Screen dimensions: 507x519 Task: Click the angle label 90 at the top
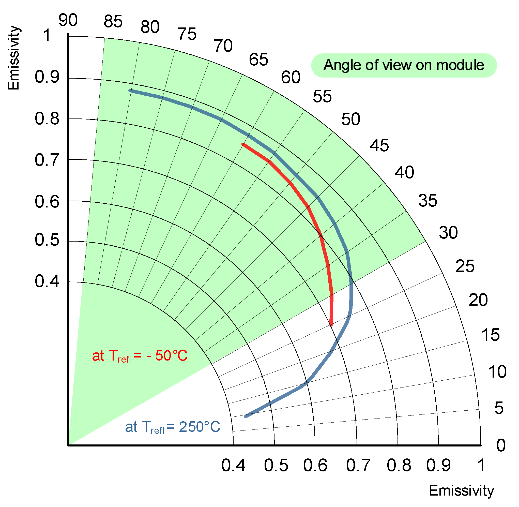click(68, 20)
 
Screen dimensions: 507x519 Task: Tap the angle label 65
click(258, 59)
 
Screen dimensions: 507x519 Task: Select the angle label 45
click(379, 146)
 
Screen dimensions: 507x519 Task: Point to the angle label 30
click(448, 233)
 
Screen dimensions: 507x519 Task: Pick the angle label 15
click(491, 335)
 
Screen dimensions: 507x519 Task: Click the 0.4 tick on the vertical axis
click(47, 281)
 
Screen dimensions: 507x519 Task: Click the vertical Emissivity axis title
click(14, 58)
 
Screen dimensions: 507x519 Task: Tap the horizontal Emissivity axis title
click(461, 490)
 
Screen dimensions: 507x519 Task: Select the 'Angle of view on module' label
click(404, 65)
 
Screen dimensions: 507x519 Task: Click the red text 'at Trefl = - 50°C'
click(140, 356)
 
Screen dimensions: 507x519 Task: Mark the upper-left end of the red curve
click(243, 144)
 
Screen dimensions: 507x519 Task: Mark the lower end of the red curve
click(331, 325)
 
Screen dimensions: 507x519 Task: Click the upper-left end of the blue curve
click(130, 91)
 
